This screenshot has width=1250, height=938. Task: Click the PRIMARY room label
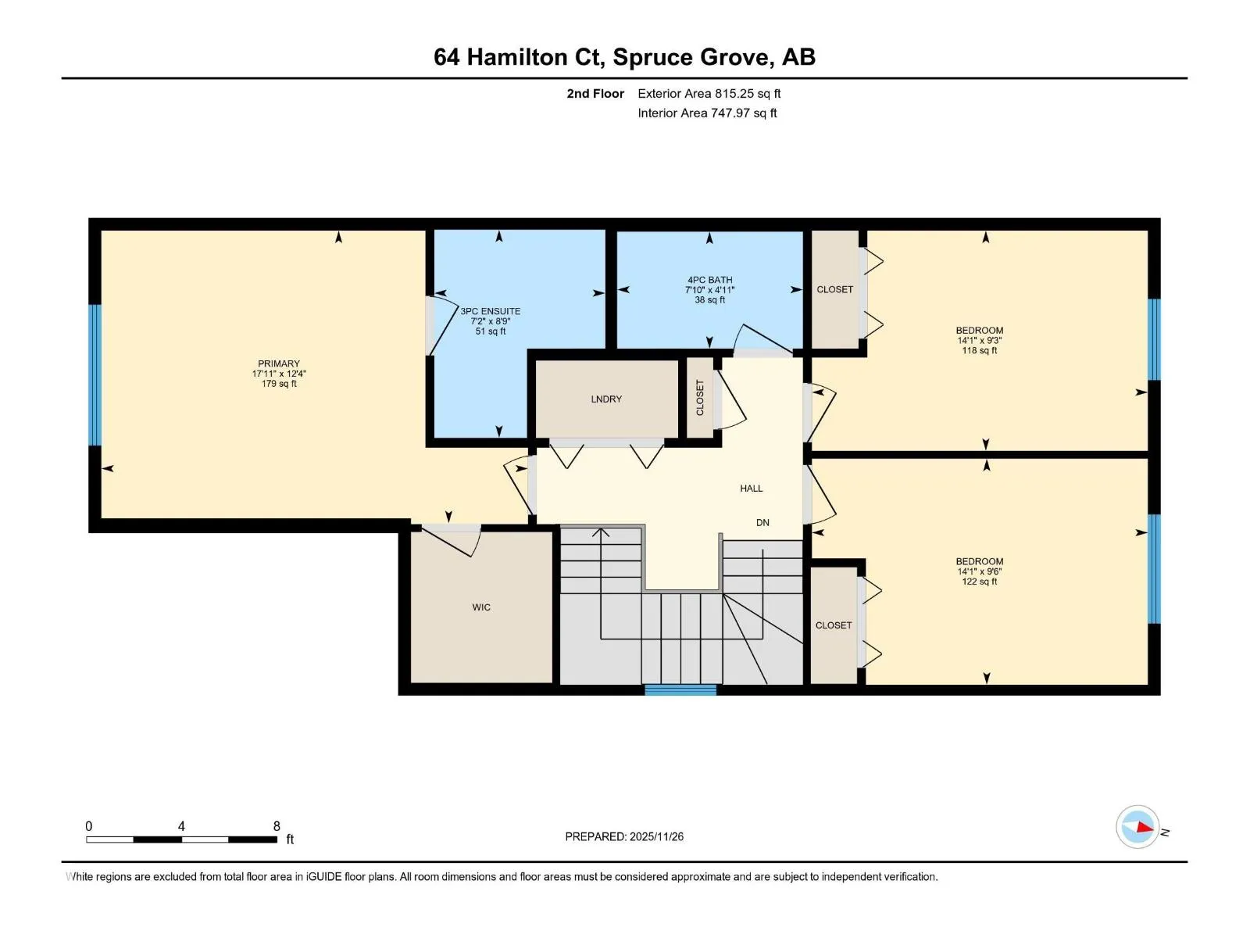[278, 363]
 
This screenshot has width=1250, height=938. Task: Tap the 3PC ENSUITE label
[491, 311]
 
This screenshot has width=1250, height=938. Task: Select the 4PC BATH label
[709, 280]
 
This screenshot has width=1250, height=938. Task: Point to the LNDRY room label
[606, 399]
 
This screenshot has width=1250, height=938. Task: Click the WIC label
[481, 607]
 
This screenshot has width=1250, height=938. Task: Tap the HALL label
[751, 488]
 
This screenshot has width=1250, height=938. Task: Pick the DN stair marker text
[762, 522]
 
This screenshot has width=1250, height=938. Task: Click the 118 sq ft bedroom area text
[980, 350]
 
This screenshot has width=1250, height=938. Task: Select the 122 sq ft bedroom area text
[980, 581]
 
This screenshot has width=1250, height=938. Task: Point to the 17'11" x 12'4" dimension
[279, 374]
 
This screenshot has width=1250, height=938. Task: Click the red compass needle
[1144, 826]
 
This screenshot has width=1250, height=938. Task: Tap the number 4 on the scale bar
[181, 825]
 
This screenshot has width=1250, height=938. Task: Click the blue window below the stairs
[680, 689]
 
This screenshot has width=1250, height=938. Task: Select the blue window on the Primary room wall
[95, 374]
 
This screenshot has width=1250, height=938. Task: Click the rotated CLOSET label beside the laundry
[700, 398]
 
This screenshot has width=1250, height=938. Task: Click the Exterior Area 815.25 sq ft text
[709, 93]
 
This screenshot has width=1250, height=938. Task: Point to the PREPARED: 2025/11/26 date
[624, 836]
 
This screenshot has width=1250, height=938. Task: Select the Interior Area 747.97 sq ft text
[707, 113]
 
